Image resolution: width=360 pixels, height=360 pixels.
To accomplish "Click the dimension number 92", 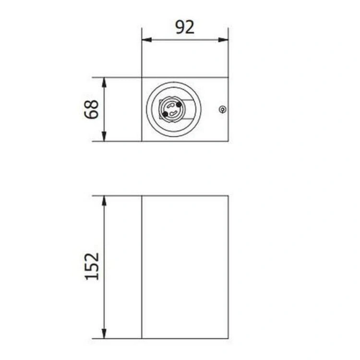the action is coord(185,27).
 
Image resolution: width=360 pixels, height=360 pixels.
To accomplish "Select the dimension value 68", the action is coord(91,109).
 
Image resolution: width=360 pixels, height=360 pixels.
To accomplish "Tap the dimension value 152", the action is coord(92,266).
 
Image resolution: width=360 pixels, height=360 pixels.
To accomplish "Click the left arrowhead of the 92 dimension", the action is coord(147,40).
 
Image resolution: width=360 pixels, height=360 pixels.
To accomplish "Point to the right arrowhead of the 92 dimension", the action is coord(223,40).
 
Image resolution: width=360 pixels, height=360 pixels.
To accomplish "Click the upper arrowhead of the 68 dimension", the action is coord(104,83).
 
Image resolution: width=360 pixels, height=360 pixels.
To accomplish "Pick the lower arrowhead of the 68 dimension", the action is coord(104,136).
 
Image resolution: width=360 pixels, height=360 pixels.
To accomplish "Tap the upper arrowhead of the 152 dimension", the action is coord(104,201).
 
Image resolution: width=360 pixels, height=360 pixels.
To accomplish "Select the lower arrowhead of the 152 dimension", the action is coord(104,334).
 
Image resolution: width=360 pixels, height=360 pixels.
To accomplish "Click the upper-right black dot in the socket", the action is coord(179,105).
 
